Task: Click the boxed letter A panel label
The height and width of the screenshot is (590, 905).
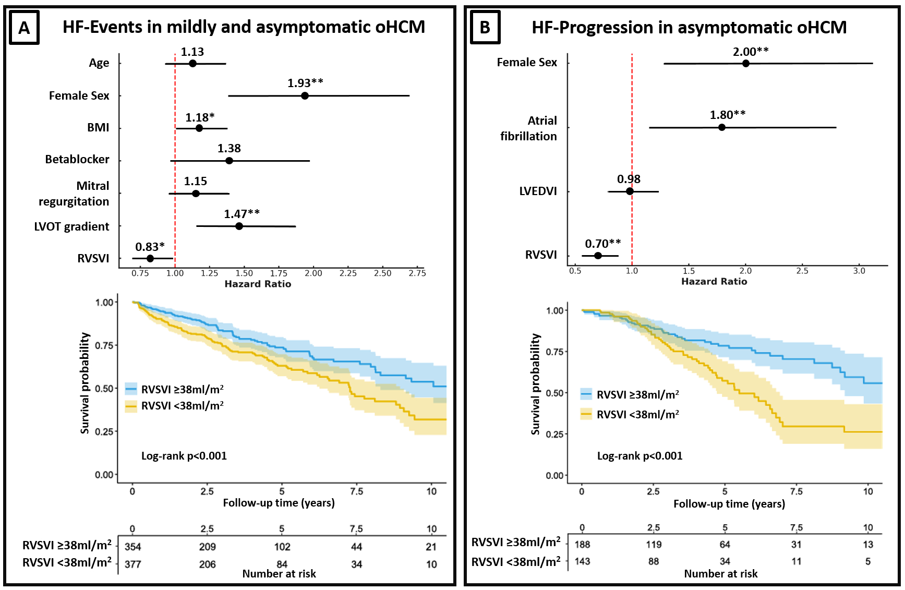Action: tap(25, 28)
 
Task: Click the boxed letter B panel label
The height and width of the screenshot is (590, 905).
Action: tap(485, 27)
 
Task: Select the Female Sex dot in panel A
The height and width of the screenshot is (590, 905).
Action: tap(305, 95)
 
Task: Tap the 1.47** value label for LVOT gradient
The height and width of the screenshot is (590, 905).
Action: tap(242, 214)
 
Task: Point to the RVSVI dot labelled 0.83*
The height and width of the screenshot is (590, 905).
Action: tap(150, 258)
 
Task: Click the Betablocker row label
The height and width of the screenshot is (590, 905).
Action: tap(77, 159)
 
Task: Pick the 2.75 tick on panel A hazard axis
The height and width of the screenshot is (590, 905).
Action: tap(417, 273)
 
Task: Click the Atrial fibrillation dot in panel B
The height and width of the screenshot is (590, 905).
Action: tap(722, 127)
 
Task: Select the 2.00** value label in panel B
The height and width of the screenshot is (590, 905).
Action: tap(751, 52)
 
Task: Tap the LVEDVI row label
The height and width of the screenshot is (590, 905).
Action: tap(538, 191)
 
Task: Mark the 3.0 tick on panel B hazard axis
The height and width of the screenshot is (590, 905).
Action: tap(859, 271)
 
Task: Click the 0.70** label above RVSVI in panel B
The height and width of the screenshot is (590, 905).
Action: tap(602, 244)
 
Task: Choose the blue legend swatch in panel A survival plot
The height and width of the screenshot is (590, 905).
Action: tap(131, 389)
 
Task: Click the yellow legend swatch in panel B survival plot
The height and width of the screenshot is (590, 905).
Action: tap(586, 414)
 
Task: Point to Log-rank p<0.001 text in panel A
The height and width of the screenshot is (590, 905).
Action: tap(184, 456)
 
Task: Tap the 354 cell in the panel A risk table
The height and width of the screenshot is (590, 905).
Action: tap(133, 547)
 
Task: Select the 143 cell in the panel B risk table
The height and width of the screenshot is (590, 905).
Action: tap(582, 561)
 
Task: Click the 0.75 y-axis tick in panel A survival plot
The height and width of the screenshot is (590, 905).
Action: tap(104, 345)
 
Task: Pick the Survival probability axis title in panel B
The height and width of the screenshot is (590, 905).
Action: tap(535, 384)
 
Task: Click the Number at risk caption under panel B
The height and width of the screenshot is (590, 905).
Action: tap(720, 574)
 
